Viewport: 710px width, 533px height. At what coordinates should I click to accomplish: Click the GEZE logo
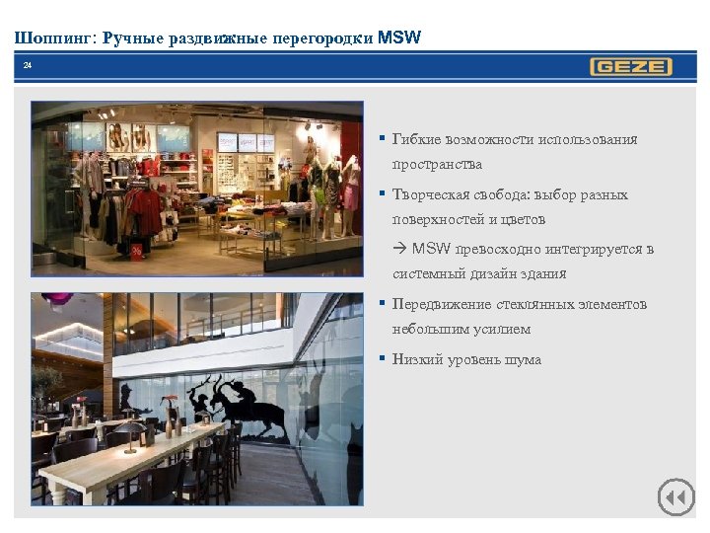click(631, 67)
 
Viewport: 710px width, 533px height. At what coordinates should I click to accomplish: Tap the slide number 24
click(28, 65)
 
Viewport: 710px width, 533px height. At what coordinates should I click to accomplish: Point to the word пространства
click(437, 164)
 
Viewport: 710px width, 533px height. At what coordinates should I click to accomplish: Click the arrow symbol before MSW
click(400, 249)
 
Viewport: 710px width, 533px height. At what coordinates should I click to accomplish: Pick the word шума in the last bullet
click(522, 359)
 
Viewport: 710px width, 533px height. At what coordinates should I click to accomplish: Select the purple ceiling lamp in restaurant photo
click(56, 298)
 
